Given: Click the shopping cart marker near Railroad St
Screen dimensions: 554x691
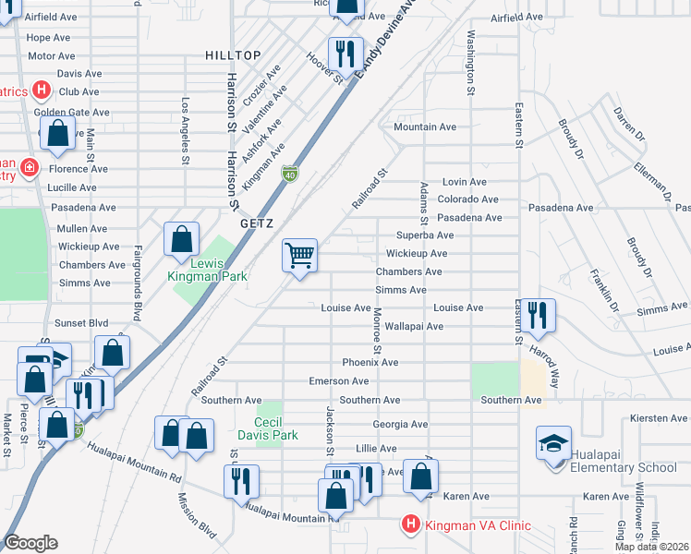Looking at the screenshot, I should pos(299,254).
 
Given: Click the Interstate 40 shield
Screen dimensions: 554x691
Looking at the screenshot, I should pos(290,173).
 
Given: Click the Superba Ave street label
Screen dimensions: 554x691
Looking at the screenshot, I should pos(423,235).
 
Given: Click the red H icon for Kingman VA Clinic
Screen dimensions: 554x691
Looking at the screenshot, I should pos(410,524).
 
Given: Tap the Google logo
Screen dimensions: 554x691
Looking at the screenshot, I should pos(30,543).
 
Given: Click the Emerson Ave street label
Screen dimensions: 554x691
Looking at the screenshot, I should pos(339,380).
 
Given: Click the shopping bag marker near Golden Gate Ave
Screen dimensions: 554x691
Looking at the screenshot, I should pos(57,132).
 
